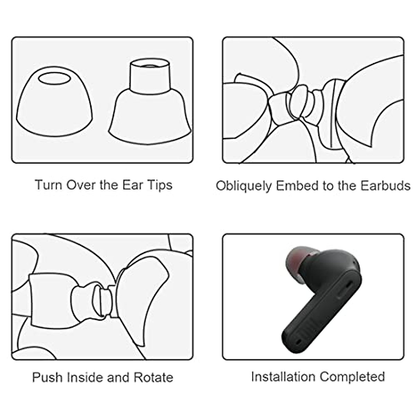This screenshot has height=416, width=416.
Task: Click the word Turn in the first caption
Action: pos(48,185)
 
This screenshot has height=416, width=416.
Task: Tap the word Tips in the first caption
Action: pos(159,185)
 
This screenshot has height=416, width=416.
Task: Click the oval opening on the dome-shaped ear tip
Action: pos(54,78)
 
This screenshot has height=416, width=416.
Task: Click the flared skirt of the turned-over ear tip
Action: pos(150,118)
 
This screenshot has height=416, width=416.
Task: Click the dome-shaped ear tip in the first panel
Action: pos(54,104)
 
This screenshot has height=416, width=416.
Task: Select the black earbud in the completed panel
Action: pos(322,298)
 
